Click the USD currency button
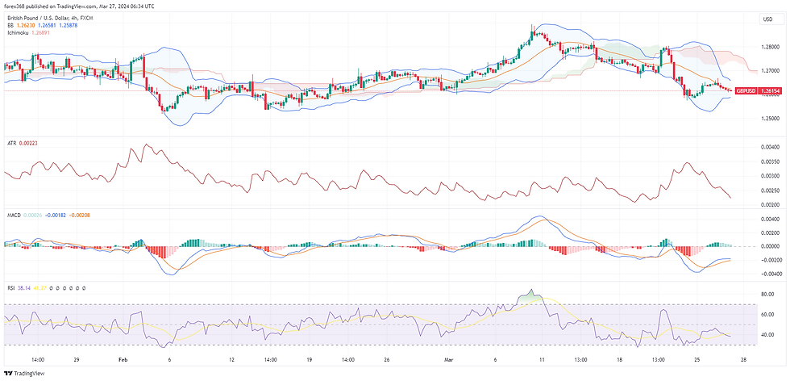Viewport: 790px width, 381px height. [767, 19]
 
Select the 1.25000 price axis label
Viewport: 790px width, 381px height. [770, 118]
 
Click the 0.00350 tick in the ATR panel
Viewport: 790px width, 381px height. [770, 161]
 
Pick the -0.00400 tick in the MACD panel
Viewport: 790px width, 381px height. [769, 274]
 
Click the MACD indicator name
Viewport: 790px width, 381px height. [13, 215]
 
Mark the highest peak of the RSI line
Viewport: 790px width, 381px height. [530, 290]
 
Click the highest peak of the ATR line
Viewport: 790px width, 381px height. [146, 145]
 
